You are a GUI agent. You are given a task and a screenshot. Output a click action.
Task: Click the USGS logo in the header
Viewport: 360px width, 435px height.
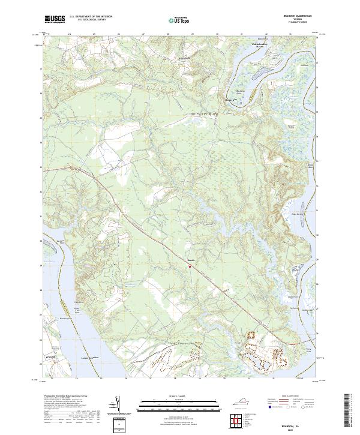click(55, 20)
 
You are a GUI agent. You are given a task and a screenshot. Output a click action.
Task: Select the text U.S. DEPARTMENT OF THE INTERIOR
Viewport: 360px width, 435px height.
click(91, 17)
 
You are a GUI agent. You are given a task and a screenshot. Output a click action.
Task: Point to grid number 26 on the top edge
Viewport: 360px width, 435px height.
click(119, 34)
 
